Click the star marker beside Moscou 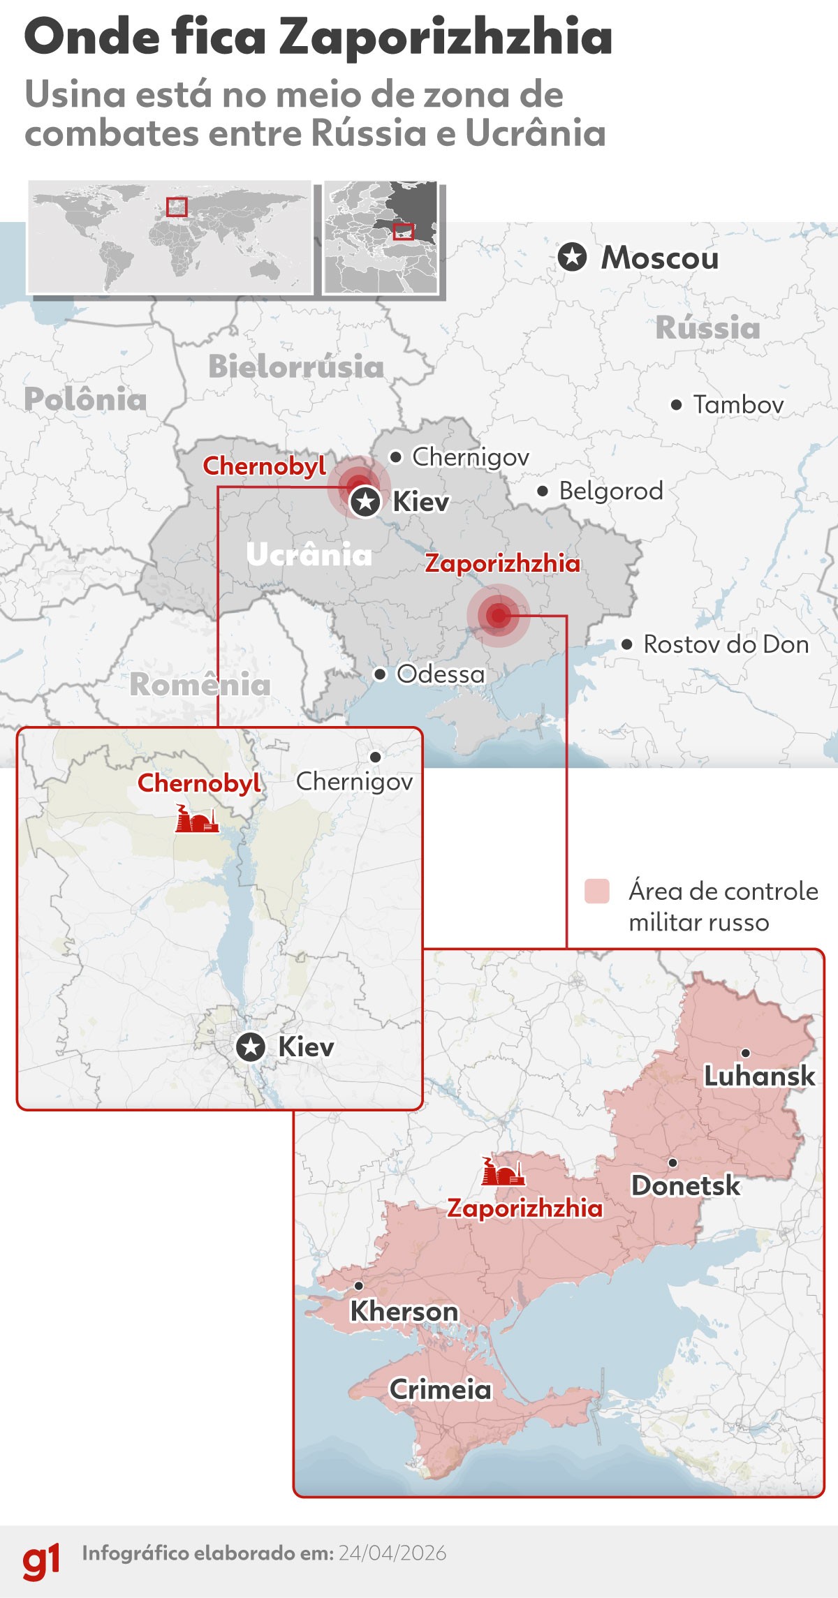[572, 258]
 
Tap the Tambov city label [737, 404]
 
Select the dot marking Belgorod [543, 491]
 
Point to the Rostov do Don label [726, 644]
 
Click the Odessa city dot [380, 674]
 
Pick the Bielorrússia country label [296, 367]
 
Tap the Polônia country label [85, 399]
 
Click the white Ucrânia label [309, 555]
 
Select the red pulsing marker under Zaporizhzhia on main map [498, 615]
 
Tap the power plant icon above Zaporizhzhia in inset [503, 1172]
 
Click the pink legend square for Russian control [597, 892]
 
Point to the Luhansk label [758, 1076]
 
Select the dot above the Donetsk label [672, 1162]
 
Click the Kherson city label [404, 1311]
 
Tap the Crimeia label [440, 1389]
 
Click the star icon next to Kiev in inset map [251, 1047]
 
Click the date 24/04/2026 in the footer [392, 1553]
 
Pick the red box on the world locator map [177, 207]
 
